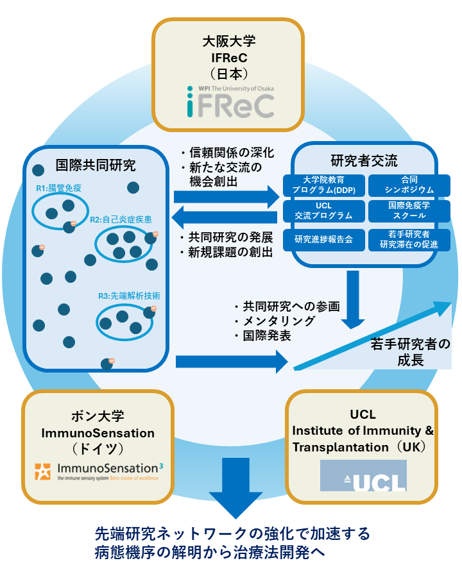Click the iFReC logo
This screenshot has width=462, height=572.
tap(230, 101)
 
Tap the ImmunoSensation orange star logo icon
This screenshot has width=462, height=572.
tap(43, 471)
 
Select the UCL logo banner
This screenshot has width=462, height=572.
tap(363, 475)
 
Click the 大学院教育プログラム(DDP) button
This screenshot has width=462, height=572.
tap(323, 185)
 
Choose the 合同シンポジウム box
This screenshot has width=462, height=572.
tap(409, 185)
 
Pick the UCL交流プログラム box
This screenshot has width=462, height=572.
tap(323, 211)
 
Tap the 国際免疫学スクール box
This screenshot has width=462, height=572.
tap(409, 211)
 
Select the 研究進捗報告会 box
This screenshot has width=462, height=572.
tap(323, 240)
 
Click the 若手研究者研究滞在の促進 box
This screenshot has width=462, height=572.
tap(409, 240)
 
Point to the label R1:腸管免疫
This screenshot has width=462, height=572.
tap(58, 189)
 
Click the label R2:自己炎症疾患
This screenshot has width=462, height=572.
tap(121, 219)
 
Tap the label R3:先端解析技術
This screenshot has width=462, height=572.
tap(129, 296)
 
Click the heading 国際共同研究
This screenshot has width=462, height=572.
tap(96, 165)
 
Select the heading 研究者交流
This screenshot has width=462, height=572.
tap(364, 160)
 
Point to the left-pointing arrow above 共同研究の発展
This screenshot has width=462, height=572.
tap(225, 218)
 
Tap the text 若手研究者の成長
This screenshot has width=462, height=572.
tap(410, 352)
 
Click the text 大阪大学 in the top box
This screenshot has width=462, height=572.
tap(229, 41)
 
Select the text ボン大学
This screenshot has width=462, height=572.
tap(98, 416)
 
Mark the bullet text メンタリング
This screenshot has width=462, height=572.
tap(279, 321)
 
